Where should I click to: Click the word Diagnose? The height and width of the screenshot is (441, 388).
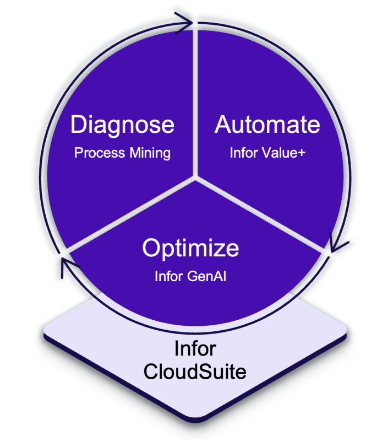[x=122, y=125]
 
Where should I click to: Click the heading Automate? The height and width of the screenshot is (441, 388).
[x=267, y=125]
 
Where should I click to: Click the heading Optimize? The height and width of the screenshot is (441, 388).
[x=190, y=248]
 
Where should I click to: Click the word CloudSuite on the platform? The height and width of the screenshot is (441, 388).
[x=195, y=371]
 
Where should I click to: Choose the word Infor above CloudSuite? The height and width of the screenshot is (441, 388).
[x=194, y=349]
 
